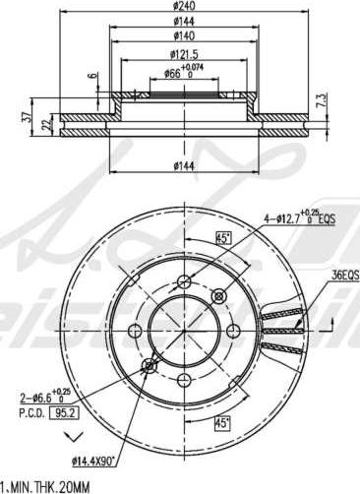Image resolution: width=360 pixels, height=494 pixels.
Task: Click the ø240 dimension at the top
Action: tap(183, 7)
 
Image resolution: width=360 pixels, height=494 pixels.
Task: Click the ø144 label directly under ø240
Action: tap(183, 21)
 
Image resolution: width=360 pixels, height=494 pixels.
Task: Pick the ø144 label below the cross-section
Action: tap(183, 166)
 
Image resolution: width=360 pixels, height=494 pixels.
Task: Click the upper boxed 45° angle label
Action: tap(223, 237)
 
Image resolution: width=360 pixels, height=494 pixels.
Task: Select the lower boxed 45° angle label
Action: tap(223, 423)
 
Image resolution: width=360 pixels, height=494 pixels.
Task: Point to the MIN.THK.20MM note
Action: tap(49, 486)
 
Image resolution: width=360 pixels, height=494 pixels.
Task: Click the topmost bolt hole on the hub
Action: tap(184, 283)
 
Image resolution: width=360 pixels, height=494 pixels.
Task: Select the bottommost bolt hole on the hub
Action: tap(184, 377)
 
